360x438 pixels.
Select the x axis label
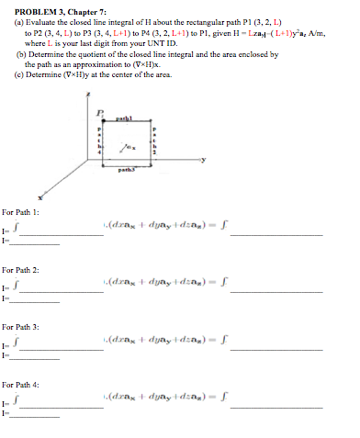tap(41, 197)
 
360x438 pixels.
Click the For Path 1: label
tap(20, 213)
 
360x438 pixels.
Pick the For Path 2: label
tap(20, 272)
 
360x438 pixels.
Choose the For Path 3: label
tap(20, 327)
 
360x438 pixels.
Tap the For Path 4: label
tap(20, 385)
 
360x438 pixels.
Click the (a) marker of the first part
tap(9, 20)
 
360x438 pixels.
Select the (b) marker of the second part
tap(9, 57)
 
